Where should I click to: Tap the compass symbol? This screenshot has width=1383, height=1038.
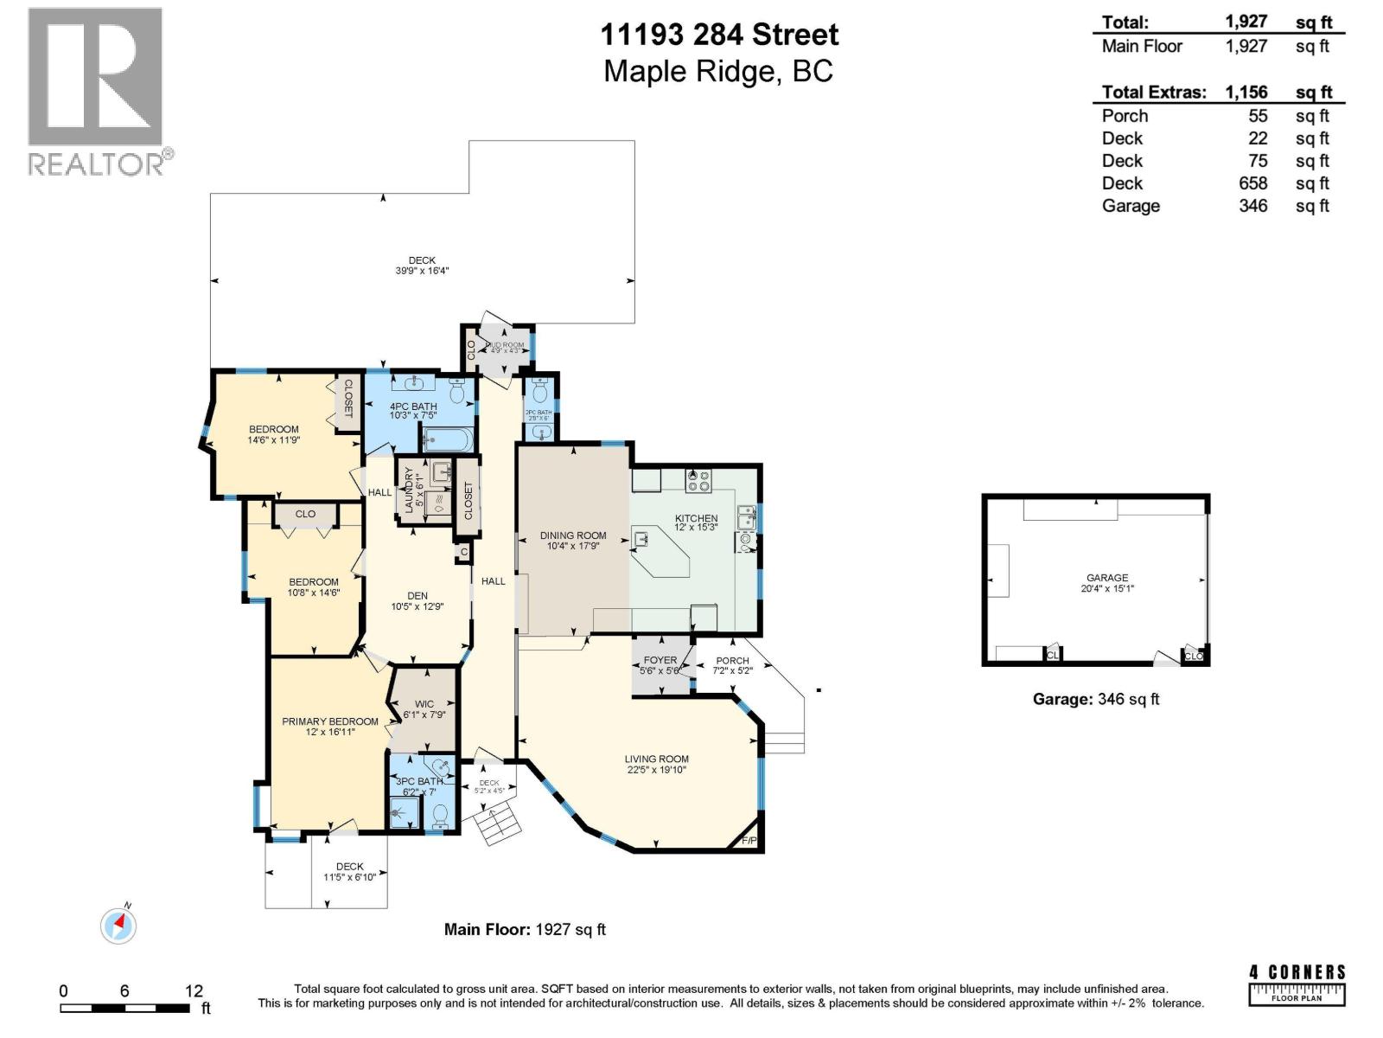(118, 926)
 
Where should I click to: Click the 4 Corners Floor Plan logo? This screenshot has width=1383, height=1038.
(1297, 984)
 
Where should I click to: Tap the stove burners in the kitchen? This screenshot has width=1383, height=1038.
(698, 481)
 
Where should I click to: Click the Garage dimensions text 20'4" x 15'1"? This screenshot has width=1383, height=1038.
(1107, 588)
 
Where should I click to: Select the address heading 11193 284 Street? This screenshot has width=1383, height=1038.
(719, 35)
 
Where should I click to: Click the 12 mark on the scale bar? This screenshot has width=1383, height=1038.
(194, 991)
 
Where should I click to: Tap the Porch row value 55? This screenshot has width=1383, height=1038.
(1258, 116)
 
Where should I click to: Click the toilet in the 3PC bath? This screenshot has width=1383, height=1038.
(440, 815)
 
